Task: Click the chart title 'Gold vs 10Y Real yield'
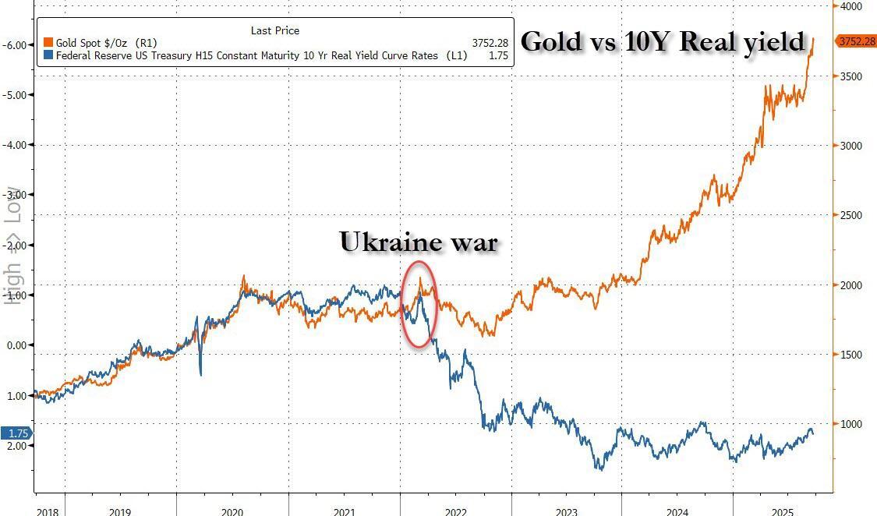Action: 662,41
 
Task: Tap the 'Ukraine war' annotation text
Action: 418,242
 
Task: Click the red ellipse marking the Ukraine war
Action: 419,304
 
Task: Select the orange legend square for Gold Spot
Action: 48,43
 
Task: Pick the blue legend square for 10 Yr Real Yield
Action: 48,55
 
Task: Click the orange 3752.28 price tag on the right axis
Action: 856,41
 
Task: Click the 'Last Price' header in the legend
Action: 274,30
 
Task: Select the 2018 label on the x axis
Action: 47,511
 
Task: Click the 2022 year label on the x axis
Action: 455,511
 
